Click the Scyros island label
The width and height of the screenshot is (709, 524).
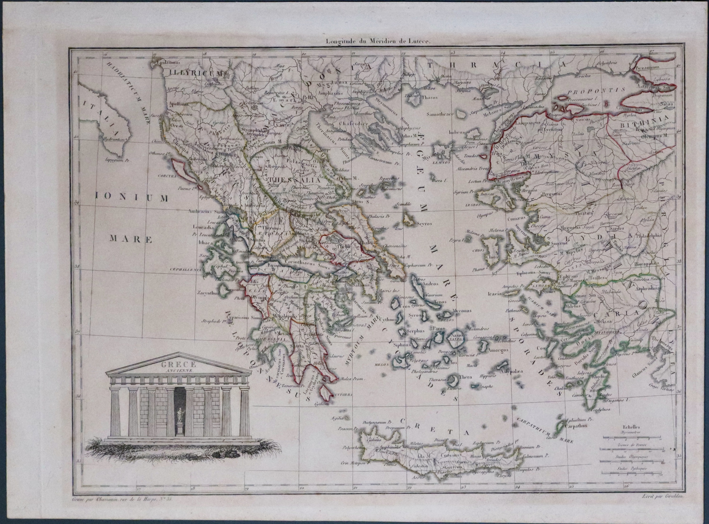[x=424, y=223]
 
